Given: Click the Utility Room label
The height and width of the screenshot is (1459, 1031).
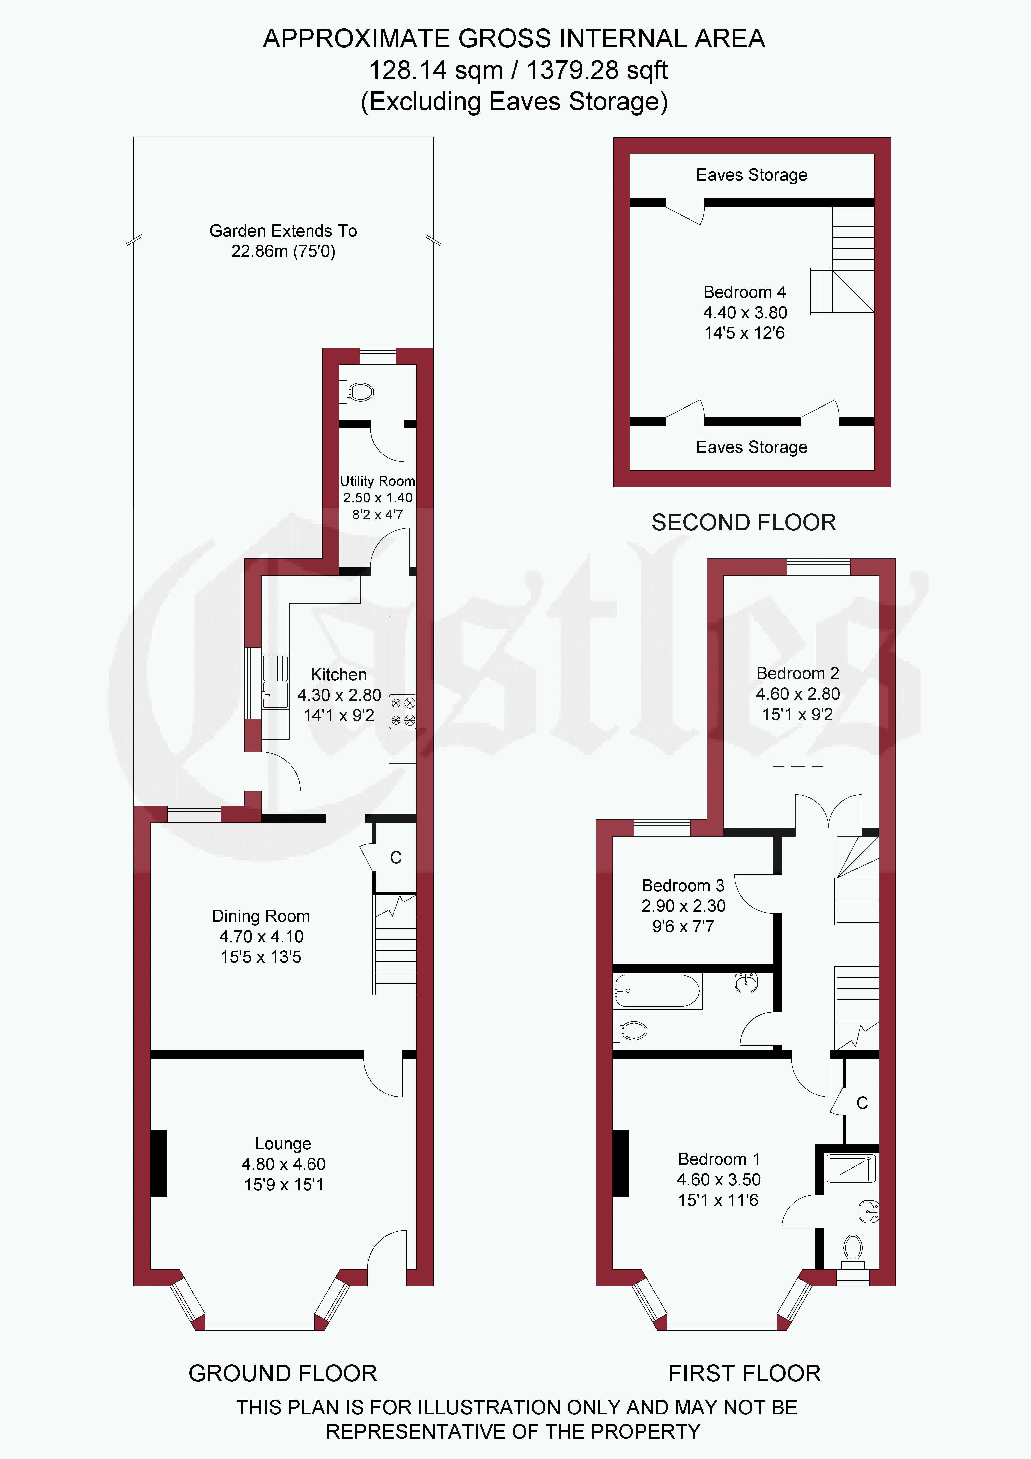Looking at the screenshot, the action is click(x=377, y=481).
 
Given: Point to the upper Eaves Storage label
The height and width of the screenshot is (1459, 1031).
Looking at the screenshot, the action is click(x=751, y=175).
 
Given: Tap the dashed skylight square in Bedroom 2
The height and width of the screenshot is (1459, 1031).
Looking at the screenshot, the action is click(x=798, y=745).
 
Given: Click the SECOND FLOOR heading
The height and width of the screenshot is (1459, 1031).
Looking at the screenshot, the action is click(x=744, y=522).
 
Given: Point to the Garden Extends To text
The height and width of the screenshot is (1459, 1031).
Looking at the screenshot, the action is click(x=283, y=231).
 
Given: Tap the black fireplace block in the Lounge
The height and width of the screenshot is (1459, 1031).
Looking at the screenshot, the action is click(x=159, y=1164).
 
